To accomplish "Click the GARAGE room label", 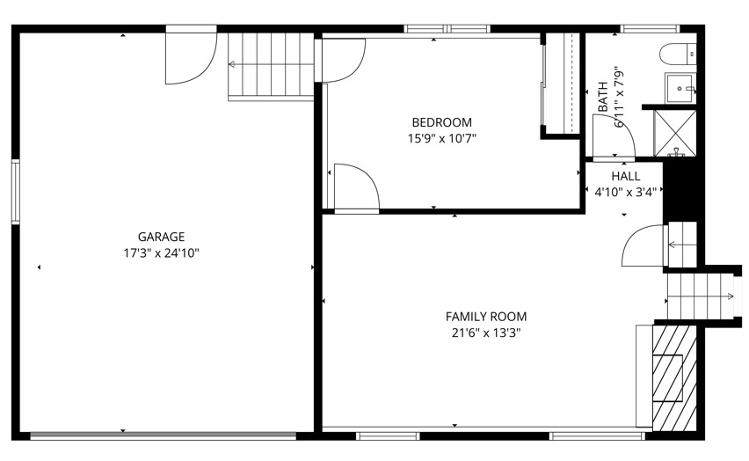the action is pyautogui.click(x=161, y=237).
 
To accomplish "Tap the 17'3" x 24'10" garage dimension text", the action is pyautogui.click(x=161, y=253).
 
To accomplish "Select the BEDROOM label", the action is pyautogui.click(x=442, y=122).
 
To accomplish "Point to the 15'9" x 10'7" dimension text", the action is pyautogui.click(x=442, y=139).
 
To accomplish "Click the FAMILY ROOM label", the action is pyautogui.click(x=486, y=317).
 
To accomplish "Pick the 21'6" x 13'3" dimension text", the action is pyautogui.click(x=486, y=333).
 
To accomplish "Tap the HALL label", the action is pyautogui.click(x=626, y=176).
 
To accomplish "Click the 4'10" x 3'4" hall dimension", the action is pyautogui.click(x=626, y=193).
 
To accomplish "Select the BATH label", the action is pyautogui.click(x=603, y=97).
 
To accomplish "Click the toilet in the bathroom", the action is pyautogui.click(x=678, y=54).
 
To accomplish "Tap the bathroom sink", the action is pyautogui.click(x=680, y=88).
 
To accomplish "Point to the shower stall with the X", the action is pyautogui.click(x=675, y=133).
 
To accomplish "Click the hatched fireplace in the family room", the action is pyautogui.click(x=674, y=377).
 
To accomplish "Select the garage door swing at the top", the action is pyautogui.click(x=191, y=54).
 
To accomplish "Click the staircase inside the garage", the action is pyautogui.click(x=271, y=65).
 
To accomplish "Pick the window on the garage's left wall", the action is pyautogui.click(x=16, y=192).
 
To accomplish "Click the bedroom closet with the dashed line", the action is pyautogui.click(x=563, y=84).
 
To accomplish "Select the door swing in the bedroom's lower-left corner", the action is pyautogui.click(x=356, y=187).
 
